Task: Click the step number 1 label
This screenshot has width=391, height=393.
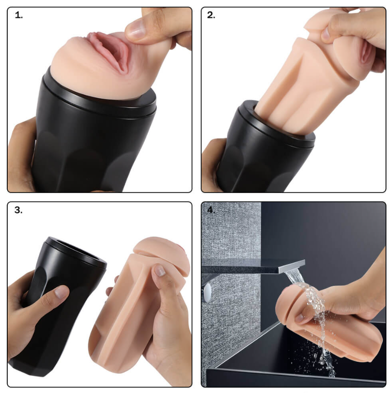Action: point(19,15)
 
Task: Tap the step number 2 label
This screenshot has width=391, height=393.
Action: point(211,15)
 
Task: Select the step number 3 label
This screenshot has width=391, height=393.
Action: point(18,210)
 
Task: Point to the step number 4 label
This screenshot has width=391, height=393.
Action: point(211,210)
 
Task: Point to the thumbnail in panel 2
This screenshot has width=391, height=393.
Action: point(326,33)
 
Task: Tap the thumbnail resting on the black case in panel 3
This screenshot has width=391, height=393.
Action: point(61,292)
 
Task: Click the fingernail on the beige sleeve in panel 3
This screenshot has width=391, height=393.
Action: point(160,270)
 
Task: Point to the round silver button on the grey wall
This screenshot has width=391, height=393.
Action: point(208,291)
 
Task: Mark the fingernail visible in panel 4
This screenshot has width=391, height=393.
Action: point(299,318)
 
